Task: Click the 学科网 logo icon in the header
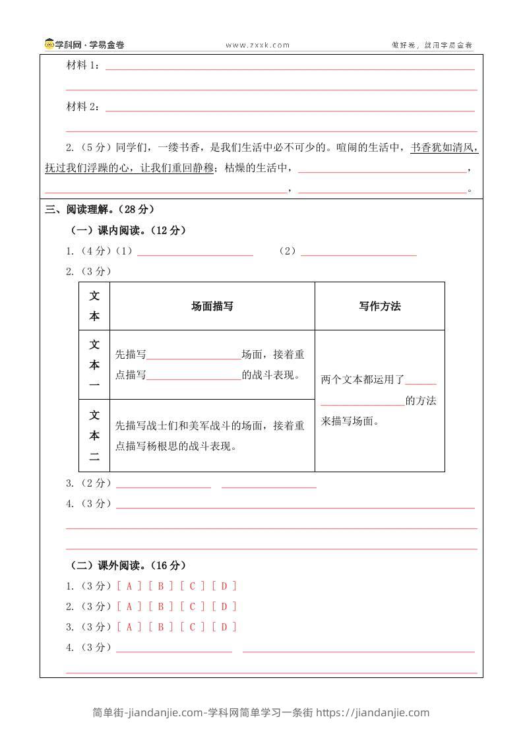(x=49, y=45)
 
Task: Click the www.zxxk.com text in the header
(x=257, y=46)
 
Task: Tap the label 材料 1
(x=82, y=66)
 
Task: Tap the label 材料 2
(x=82, y=107)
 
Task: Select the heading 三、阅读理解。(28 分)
(x=100, y=209)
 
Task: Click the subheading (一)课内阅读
(x=129, y=230)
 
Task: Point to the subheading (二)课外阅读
(x=129, y=565)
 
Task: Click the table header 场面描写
(x=212, y=306)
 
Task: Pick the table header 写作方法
(x=379, y=306)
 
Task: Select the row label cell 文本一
(x=94, y=364)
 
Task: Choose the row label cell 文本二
(x=94, y=435)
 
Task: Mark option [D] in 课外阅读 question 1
(x=224, y=586)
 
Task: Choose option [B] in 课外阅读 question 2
(x=161, y=606)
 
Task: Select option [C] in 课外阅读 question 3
(x=193, y=627)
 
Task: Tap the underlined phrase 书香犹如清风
(x=443, y=148)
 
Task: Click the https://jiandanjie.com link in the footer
(x=373, y=712)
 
